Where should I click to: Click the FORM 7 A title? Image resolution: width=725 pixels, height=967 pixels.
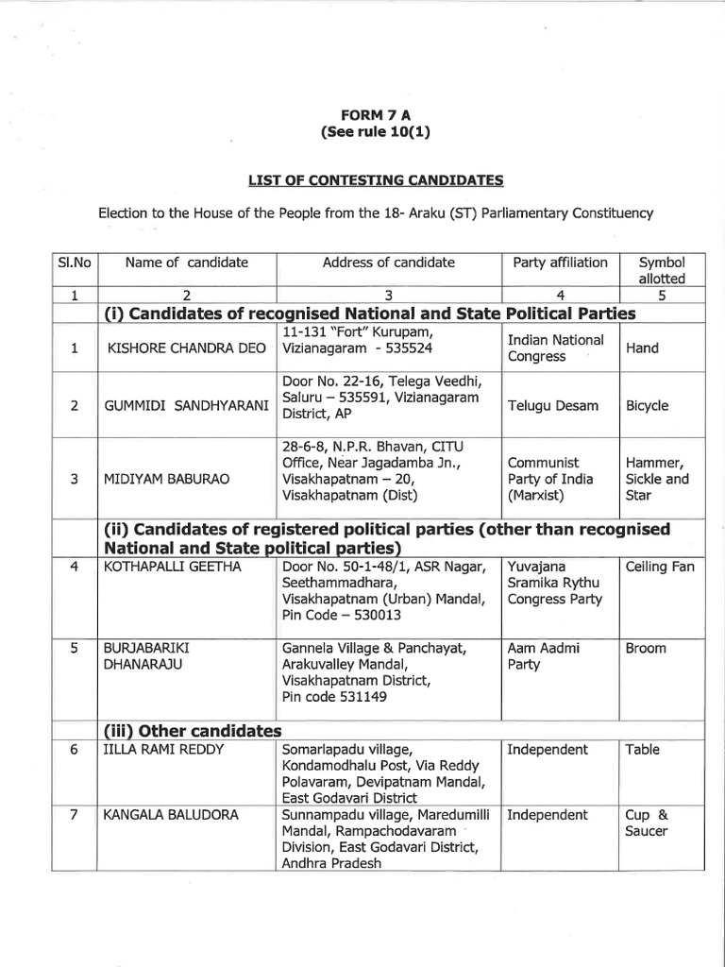[375, 115]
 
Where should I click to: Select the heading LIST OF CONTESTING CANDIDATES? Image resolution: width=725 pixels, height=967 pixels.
[375, 179]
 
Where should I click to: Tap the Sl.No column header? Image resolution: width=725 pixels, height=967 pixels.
[74, 263]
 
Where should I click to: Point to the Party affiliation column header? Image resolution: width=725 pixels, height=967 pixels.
[560, 263]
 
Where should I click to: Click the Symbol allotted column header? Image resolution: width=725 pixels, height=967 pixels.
[661, 270]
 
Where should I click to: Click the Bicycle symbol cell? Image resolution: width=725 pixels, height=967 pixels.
[647, 406]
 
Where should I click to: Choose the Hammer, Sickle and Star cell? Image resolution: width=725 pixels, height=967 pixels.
[657, 479]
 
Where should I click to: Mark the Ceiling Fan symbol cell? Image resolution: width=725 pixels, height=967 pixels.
[659, 567]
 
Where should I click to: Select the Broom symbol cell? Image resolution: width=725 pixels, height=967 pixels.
[646, 649]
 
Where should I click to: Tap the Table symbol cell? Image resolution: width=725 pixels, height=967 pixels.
[643, 750]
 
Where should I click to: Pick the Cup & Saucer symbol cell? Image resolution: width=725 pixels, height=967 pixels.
[647, 823]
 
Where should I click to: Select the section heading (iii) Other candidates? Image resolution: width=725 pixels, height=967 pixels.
[193, 731]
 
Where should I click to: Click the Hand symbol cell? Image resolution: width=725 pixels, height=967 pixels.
[642, 348]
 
